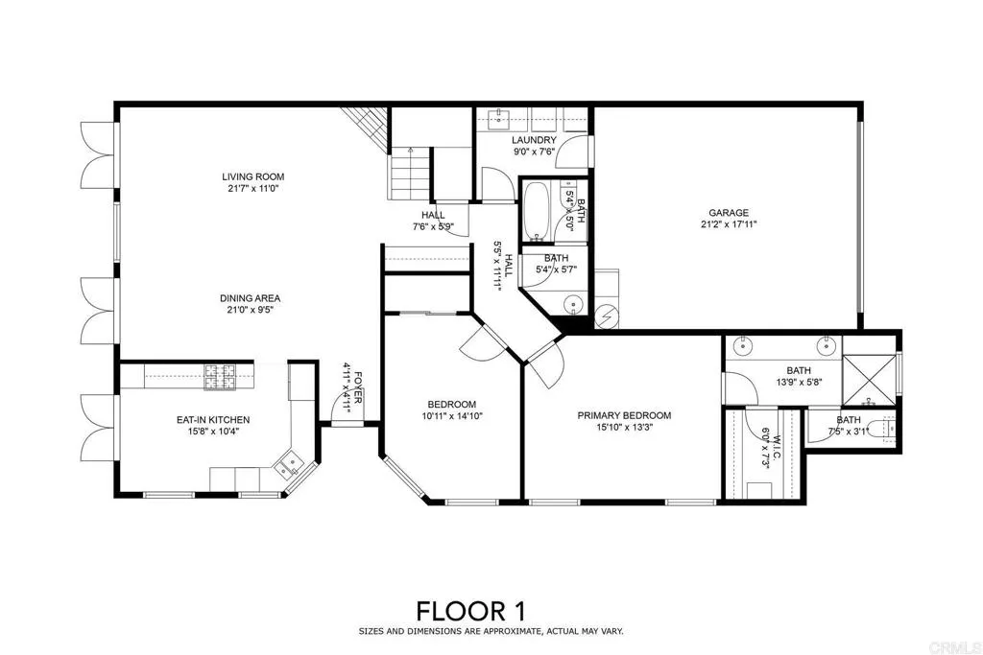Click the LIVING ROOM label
[x=253, y=176]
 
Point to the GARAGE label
[x=729, y=213]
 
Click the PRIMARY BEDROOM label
[x=624, y=415]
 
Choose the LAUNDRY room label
[x=534, y=140]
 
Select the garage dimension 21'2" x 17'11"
[x=729, y=225]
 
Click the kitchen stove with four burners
[x=220, y=377]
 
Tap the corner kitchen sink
[x=287, y=467]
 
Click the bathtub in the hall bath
[x=536, y=211]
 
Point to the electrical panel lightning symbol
[x=608, y=316]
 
